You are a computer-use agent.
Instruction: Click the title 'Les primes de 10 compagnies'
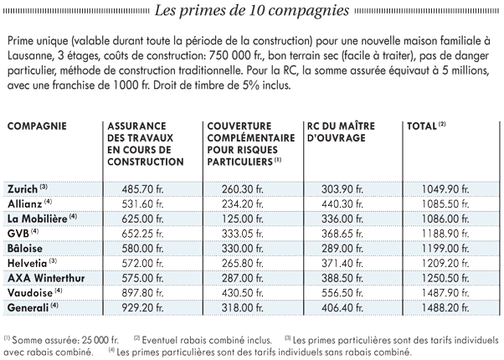tap(252, 10)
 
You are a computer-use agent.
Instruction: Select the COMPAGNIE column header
tap(37, 126)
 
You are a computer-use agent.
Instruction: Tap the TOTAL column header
tap(422, 126)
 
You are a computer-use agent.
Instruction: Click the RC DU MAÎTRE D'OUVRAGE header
tap(341, 131)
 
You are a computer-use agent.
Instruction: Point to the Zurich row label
tap(23, 189)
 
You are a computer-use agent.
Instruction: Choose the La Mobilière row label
tap(38, 219)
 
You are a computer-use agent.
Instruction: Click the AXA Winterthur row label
tap(46, 278)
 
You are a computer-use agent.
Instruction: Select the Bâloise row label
tap(25, 248)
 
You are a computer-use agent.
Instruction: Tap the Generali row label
tap(28, 307)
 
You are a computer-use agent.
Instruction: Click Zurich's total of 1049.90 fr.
tap(445, 189)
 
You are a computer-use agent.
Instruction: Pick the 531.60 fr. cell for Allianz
tap(142, 203)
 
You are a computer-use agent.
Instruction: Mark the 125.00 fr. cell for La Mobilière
tap(242, 219)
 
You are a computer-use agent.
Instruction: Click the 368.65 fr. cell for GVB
tap(342, 234)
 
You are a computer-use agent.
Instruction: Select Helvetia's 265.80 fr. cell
tap(242, 263)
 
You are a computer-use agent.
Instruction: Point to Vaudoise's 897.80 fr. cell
tap(142, 293)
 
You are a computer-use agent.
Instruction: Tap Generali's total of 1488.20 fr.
tap(445, 307)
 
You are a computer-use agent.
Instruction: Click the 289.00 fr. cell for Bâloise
tap(342, 248)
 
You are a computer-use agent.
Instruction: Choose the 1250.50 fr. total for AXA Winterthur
tap(445, 278)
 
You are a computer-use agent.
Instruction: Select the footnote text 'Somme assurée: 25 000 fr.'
tap(65, 341)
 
